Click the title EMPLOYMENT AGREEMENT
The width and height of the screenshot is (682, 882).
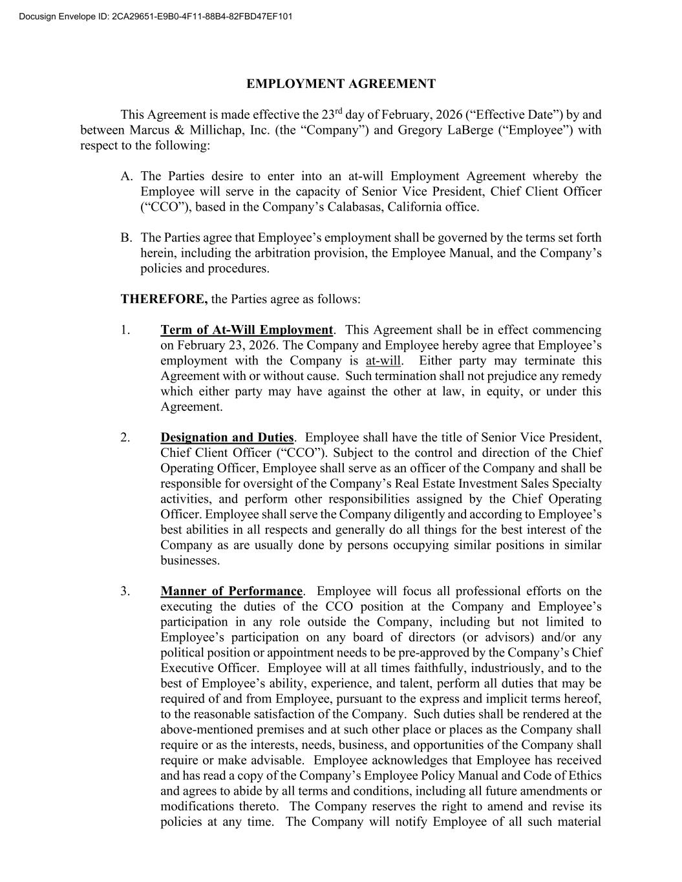click(x=341, y=84)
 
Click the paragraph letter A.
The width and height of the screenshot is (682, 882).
click(x=127, y=176)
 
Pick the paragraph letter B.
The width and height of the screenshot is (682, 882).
click(x=127, y=238)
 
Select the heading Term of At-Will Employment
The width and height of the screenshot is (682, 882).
click(x=246, y=330)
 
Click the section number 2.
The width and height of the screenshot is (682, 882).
click(x=125, y=437)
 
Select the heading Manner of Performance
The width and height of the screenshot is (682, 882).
click(x=231, y=591)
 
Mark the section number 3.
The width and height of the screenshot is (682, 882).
click(x=125, y=591)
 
